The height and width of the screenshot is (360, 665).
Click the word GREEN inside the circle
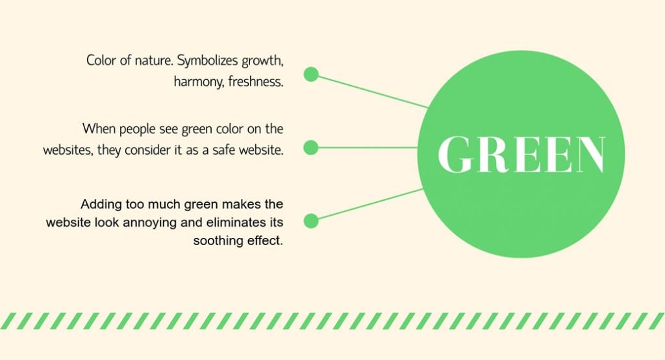[x=521, y=155]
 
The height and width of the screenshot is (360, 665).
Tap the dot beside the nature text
[x=311, y=74]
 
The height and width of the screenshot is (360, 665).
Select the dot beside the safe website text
[x=311, y=148]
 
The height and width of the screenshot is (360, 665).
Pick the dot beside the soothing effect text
[x=311, y=221]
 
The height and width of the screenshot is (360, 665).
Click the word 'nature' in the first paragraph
[x=153, y=60]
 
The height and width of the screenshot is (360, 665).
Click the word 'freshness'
[x=256, y=83]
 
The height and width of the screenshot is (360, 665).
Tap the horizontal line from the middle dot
[x=367, y=148]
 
